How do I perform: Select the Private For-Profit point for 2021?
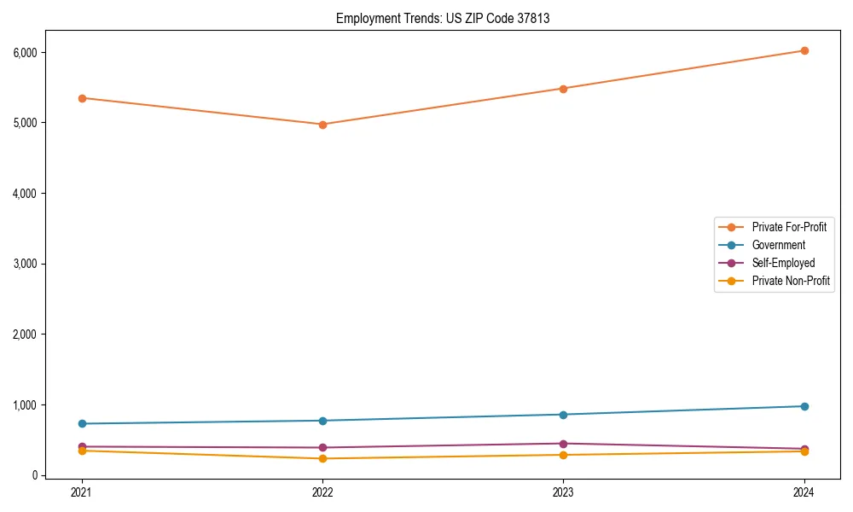[82, 98]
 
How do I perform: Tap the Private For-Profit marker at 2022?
[322, 125]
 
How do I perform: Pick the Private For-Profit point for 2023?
[563, 89]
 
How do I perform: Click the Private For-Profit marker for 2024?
[804, 50]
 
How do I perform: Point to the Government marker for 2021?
[82, 423]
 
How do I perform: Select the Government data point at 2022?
[322, 421]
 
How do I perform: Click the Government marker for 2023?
[563, 415]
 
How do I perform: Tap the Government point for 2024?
[804, 406]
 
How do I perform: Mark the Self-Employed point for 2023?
[563, 444]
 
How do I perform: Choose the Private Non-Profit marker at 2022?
[322, 458]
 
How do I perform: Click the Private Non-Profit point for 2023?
[563, 455]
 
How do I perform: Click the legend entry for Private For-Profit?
[789, 227]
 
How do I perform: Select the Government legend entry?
[778, 245]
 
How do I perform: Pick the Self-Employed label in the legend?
[783, 263]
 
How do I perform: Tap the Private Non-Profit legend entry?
[791, 281]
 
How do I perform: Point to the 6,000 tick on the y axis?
[26, 53]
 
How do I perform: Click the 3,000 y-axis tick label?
[26, 264]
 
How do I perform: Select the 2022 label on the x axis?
[322, 492]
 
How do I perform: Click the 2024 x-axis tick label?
[804, 492]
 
